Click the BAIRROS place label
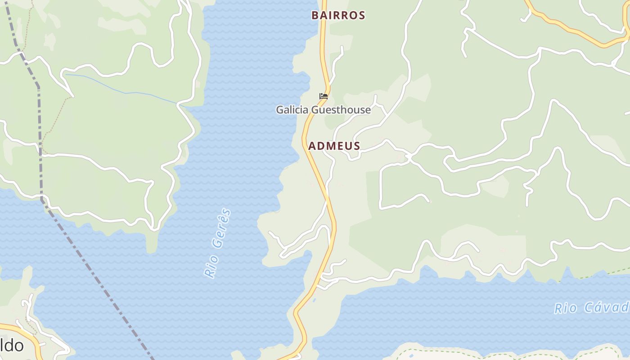[x=338, y=15]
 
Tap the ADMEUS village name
[x=334, y=146]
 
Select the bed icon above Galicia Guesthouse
[x=323, y=96]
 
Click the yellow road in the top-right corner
[x=576, y=31]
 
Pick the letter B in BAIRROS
[x=315, y=15]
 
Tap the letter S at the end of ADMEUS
[x=356, y=146]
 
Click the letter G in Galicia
[x=280, y=110]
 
